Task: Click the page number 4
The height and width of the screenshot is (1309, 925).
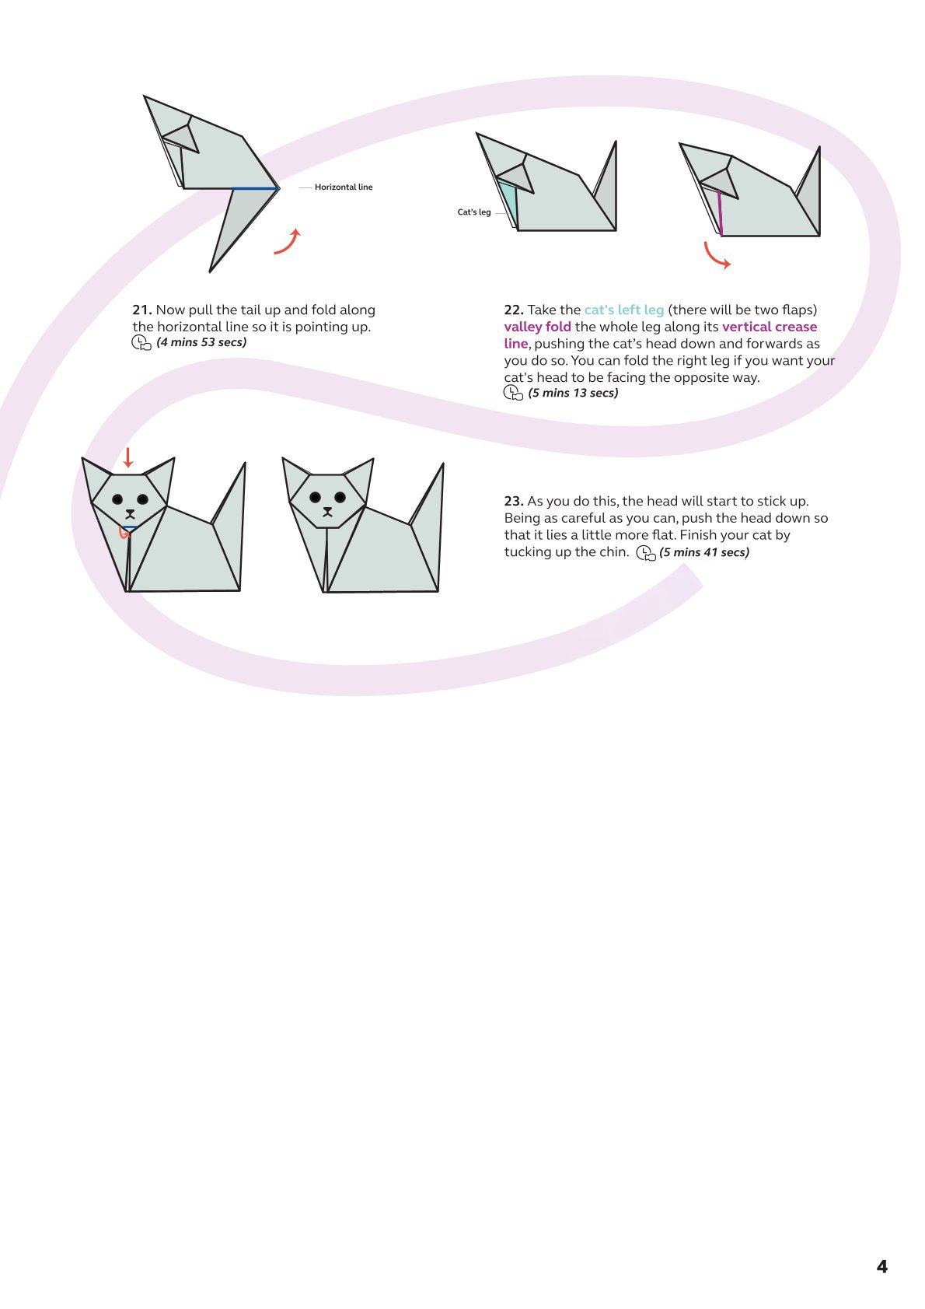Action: coord(881,1267)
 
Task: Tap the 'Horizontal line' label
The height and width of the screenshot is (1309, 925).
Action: coord(343,187)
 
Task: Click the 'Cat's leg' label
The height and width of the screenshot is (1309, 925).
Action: coord(473,212)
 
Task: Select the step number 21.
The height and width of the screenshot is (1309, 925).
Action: coord(141,310)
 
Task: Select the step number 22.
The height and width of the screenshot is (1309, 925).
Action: coord(513,310)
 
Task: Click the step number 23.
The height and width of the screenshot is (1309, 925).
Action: coord(513,501)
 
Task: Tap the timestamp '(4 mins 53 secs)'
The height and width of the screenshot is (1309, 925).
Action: coord(201,342)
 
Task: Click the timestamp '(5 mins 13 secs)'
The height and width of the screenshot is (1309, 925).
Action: coord(573,393)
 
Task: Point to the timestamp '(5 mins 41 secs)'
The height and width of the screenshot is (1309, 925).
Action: coord(704,552)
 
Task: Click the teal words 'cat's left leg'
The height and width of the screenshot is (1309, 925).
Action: coord(623,310)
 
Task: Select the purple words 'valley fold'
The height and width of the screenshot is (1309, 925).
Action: coord(537,327)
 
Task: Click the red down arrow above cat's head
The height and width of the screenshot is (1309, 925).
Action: coord(128,457)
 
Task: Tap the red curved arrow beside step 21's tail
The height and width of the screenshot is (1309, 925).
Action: coord(288,242)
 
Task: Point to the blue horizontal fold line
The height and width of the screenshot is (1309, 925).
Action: coord(255,188)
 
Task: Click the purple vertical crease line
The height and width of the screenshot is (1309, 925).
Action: coord(720,214)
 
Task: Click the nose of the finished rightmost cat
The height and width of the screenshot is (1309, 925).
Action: coord(328,511)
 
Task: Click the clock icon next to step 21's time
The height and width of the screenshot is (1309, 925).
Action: coord(141,343)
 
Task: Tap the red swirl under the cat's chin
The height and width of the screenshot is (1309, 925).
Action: coord(123,532)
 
